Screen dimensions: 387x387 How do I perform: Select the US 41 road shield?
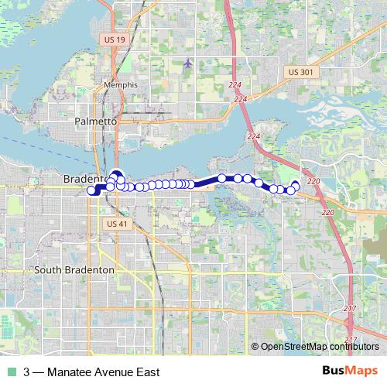(x=114, y=224)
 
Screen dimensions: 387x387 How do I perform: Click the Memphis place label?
(x=120, y=85)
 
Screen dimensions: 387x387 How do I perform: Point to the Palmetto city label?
(x=95, y=122)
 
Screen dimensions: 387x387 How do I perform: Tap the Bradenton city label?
(x=82, y=179)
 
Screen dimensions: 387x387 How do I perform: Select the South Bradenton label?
(x=74, y=269)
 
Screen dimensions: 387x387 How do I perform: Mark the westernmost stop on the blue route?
(x=91, y=190)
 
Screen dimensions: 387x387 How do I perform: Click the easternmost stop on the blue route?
(x=295, y=185)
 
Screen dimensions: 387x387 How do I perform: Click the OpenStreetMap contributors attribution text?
(x=319, y=347)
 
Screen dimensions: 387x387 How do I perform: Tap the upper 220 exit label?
(x=313, y=181)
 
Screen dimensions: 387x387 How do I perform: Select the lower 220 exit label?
(x=327, y=211)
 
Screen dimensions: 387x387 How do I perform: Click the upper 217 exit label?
(x=350, y=309)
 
